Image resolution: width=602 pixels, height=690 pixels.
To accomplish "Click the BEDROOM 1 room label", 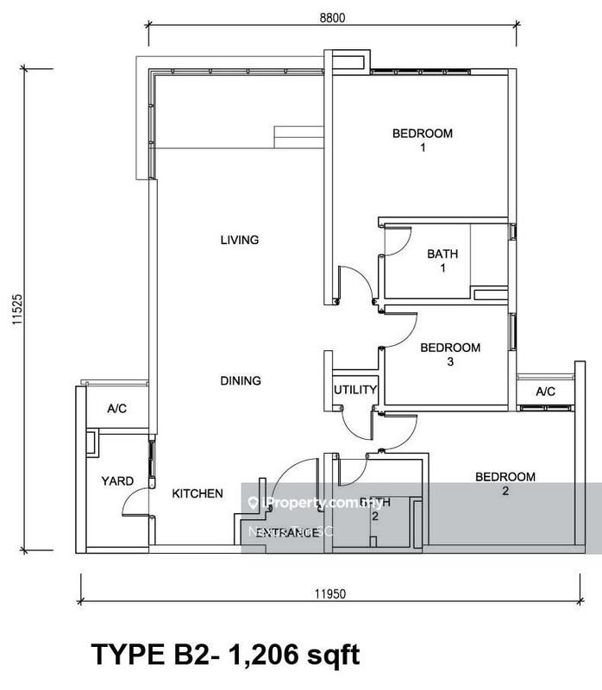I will tap(422, 141).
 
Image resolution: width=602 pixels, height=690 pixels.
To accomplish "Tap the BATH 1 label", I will tap(442, 261).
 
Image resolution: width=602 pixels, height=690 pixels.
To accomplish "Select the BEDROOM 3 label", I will tap(449, 354).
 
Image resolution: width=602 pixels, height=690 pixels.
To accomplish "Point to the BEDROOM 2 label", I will tap(505, 484).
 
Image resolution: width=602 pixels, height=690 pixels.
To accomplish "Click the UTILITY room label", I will tap(355, 390).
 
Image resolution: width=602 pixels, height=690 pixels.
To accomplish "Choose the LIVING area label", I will tap(240, 240).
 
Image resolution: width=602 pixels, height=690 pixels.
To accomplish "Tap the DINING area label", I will tap(240, 380).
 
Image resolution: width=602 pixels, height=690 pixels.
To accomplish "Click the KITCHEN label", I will tap(198, 493).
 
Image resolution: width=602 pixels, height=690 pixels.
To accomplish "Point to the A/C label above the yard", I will tap(116, 409).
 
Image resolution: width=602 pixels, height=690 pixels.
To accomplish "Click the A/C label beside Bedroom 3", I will tap(545, 392).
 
